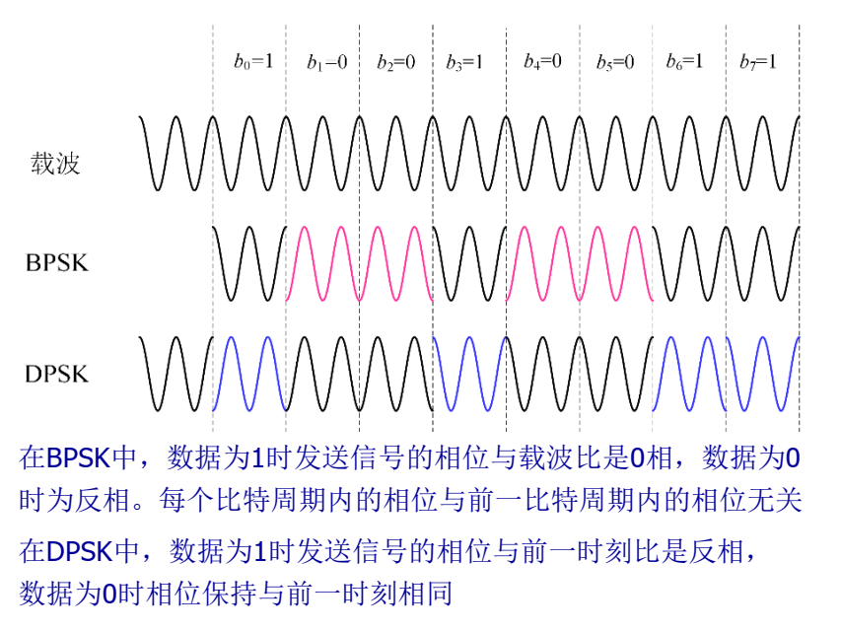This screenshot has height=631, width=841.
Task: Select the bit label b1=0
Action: pos(326,62)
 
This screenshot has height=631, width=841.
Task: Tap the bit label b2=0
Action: pos(396,62)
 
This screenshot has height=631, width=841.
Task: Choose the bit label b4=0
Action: pos(542,62)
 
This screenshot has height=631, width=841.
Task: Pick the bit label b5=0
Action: pos(615,62)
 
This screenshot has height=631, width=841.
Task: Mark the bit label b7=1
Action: pos(757,62)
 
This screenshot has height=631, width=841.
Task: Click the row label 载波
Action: pos(54,164)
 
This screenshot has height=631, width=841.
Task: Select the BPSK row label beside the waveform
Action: pos(57,262)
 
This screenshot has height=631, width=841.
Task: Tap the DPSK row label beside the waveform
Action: pos(57,374)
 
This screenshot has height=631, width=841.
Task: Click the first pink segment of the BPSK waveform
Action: pos(359,262)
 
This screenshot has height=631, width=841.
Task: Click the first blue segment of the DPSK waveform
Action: pos(248,374)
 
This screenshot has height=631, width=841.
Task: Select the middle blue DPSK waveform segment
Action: pos(468,374)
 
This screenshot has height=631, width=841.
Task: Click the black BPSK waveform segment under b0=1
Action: pos(249,262)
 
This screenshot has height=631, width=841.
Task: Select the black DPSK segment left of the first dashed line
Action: pos(175,374)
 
